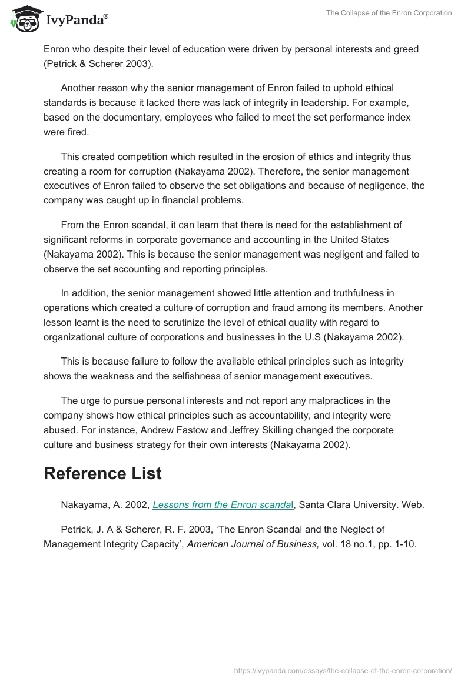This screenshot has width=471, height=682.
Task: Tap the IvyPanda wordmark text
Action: point(77,20)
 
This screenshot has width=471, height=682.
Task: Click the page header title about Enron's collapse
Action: point(389,13)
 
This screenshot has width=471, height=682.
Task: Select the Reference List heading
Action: point(102,474)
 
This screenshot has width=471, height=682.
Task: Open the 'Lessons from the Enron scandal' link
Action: point(225,504)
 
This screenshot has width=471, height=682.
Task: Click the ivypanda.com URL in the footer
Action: point(343,670)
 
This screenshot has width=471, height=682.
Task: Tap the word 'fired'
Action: point(77,132)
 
